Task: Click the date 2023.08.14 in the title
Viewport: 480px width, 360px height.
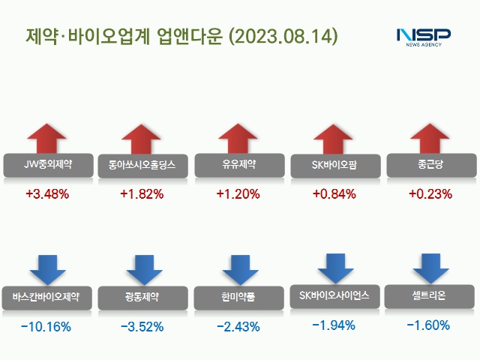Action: [x=282, y=36]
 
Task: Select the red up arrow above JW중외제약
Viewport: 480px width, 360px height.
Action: [x=47, y=139]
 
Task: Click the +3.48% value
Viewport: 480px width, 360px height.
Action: [x=46, y=194]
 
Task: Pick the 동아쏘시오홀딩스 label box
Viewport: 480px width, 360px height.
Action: [x=142, y=165]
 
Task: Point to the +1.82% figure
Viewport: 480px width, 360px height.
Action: [x=142, y=194]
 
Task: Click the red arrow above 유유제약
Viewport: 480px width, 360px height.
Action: [x=238, y=139]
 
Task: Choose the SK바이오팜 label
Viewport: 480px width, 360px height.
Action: [x=334, y=164]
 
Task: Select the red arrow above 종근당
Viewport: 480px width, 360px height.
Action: [x=430, y=139]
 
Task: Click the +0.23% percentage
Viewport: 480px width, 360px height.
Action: [x=430, y=194]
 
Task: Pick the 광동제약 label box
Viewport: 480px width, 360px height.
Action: [x=142, y=296]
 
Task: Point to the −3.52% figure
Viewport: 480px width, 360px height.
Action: [x=142, y=326]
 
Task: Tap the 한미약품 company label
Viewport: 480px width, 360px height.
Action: [x=238, y=297]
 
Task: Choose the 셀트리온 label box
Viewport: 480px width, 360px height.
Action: [x=430, y=295]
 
